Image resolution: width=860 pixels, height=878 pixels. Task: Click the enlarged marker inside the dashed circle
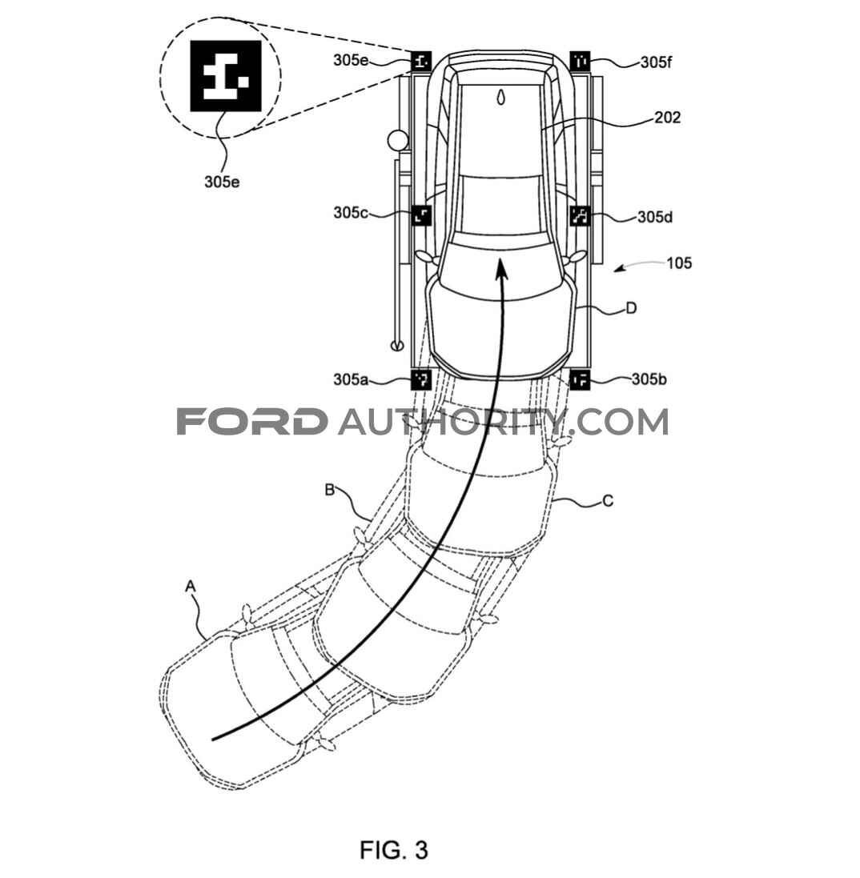click(225, 75)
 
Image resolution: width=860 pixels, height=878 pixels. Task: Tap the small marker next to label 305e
click(421, 60)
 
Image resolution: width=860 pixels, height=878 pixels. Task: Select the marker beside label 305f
click(580, 60)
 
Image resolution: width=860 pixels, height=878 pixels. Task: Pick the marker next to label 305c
click(421, 214)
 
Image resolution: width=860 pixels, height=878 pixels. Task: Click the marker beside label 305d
click(580, 215)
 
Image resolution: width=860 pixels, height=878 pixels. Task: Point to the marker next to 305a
click(421, 379)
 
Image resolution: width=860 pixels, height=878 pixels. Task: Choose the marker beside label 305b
click(580, 379)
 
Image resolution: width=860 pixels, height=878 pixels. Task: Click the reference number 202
click(667, 117)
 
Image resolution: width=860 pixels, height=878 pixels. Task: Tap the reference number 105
click(679, 263)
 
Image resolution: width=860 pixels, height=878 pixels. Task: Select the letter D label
click(631, 308)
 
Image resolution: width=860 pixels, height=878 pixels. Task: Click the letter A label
click(191, 586)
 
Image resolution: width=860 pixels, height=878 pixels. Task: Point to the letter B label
click(330, 490)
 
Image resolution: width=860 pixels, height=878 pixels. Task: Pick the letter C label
click(608, 500)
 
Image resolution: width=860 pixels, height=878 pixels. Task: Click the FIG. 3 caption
click(394, 849)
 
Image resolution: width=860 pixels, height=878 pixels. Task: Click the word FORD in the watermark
click(252, 421)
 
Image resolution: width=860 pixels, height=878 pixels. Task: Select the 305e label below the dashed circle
click(222, 182)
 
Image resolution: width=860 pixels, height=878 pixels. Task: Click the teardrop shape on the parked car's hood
click(500, 97)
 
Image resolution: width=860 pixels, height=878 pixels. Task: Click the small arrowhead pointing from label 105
click(618, 270)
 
